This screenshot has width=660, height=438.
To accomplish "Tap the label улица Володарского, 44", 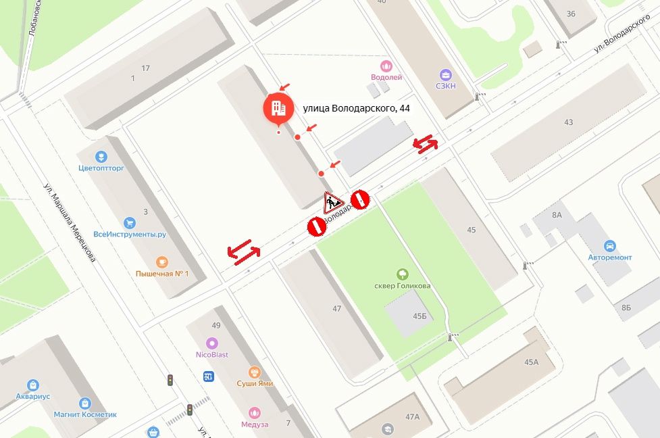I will click(356, 108).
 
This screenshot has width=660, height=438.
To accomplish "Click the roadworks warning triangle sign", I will click(333, 201).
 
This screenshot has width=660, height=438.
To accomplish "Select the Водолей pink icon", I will click(386, 66).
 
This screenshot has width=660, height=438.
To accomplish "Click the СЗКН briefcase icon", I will click(446, 74).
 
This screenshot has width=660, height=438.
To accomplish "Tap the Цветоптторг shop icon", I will click(101, 157).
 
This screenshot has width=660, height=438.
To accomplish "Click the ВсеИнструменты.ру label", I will click(130, 235).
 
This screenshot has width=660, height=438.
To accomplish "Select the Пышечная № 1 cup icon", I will click(161, 262).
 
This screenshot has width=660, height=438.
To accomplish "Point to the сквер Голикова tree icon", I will click(403, 274).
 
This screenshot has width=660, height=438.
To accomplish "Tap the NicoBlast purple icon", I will click(212, 343).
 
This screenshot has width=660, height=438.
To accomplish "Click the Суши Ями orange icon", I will click(254, 372).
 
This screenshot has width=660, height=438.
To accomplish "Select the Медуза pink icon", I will click(254, 412).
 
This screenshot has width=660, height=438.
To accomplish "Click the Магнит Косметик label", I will click(85, 414).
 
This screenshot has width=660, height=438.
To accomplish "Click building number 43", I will click(568, 122).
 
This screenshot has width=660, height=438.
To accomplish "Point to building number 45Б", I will click(420, 316).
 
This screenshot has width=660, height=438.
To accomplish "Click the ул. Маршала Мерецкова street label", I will click(70, 222).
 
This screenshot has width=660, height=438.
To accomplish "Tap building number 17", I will click(145, 68).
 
